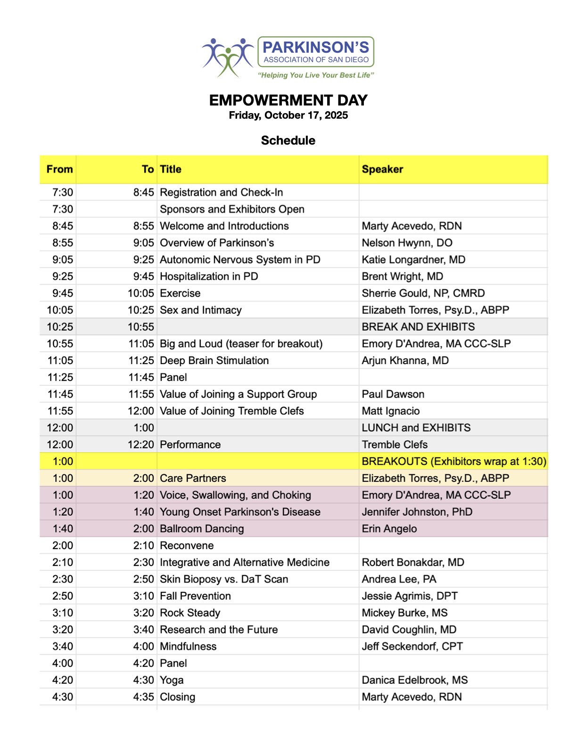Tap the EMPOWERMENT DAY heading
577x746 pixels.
click(x=288, y=100)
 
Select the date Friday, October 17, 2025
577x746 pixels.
click(x=288, y=115)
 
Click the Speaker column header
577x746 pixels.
click(x=382, y=170)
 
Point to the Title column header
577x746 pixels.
click(x=171, y=170)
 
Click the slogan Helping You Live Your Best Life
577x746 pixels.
click(x=316, y=75)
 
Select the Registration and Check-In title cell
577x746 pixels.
click(x=222, y=193)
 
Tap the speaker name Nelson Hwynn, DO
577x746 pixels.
click(x=407, y=243)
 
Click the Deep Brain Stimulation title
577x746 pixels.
click(x=214, y=361)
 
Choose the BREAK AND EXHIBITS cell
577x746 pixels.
click(x=418, y=327)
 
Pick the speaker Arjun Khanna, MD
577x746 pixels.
click(x=405, y=361)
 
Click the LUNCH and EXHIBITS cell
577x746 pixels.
click(x=416, y=428)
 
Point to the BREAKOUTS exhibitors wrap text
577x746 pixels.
click(x=454, y=462)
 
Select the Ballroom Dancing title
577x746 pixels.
click(x=202, y=529)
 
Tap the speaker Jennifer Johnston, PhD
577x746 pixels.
click(x=417, y=512)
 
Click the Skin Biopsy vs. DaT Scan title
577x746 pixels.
click(x=224, y=579)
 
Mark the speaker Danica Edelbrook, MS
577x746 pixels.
click(x=415, y=681)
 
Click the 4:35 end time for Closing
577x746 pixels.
click(x=143, y=697)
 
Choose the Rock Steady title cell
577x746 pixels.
click(x=190, y=613)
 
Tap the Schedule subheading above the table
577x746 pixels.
click(x=288, y=140)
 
